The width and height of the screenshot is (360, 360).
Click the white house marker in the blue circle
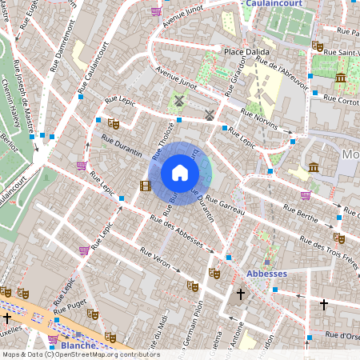(x=180, y=173)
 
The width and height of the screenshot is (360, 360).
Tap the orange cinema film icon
(x=145, y=186)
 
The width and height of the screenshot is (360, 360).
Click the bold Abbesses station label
(x=266, y=273)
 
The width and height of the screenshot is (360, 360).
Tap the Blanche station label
(x=78, y=346)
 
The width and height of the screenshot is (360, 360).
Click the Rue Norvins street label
(x=261, y=121)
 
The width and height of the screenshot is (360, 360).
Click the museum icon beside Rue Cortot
(x=341, y=78)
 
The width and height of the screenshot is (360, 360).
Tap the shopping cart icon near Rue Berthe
(x=306, y=194)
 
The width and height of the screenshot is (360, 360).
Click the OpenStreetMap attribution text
(x=80, y=354)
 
